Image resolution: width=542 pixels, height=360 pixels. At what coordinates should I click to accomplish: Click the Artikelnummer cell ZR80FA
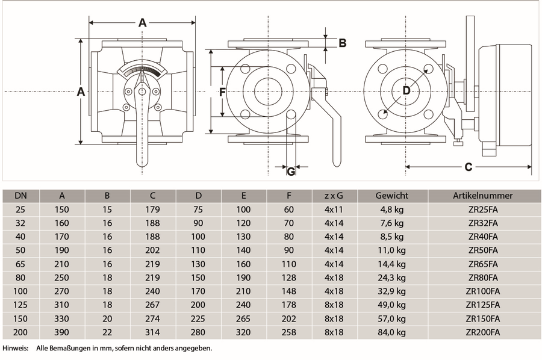[483, 278]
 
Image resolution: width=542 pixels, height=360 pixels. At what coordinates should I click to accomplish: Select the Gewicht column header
[391, 196]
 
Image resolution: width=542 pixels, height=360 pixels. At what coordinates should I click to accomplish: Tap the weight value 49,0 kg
[391, 305]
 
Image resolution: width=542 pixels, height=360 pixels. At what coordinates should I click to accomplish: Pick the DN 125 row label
[20, 305]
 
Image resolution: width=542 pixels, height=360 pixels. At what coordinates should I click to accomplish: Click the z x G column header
[334, 196]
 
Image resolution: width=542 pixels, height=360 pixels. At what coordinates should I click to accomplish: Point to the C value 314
[152, 332]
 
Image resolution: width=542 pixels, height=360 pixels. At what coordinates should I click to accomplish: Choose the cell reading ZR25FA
[483, 209]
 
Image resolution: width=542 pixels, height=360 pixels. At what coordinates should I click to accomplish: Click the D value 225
[198, 318]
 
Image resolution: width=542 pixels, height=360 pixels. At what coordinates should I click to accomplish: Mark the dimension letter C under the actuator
[469, 167]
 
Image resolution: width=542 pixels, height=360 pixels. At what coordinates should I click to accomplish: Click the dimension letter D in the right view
[406, 91]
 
